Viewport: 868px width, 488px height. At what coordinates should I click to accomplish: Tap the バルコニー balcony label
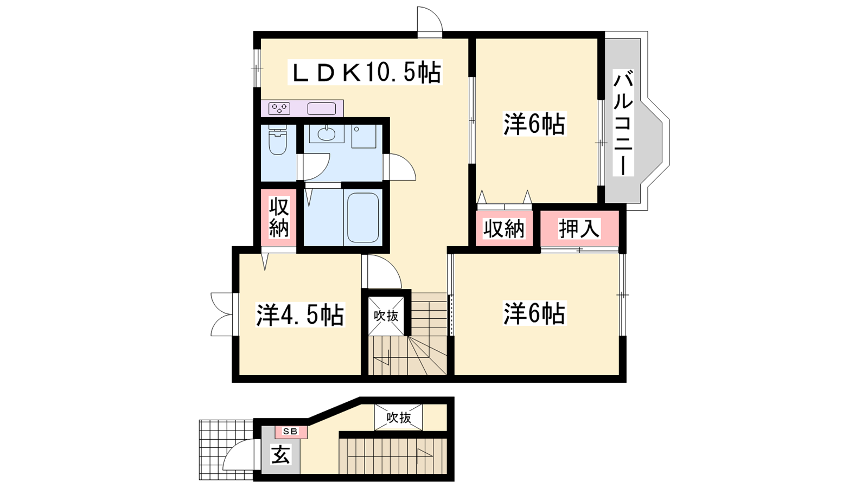point(623,123)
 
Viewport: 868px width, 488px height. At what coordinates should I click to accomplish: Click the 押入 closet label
point(579,228)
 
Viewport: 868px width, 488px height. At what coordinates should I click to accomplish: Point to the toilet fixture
point(277,140)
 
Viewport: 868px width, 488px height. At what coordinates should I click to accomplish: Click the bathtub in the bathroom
point(363,217)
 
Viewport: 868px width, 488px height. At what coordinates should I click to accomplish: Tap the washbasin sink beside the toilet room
point(327,133)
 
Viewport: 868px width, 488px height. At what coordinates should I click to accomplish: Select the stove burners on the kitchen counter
point(279,108)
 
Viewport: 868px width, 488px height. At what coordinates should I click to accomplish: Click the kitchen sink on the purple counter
point(322,108)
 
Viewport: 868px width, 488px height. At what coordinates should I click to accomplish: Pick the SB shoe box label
point(290,431)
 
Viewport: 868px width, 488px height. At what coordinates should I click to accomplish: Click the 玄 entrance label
point(280,455)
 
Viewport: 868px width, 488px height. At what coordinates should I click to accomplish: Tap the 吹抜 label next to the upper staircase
point(386,316)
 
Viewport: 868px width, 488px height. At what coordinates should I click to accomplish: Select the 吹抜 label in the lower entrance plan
point(399,418)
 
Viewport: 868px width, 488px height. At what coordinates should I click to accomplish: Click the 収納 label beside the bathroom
point(279,217)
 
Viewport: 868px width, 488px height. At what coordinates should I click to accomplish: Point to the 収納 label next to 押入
point(504,228)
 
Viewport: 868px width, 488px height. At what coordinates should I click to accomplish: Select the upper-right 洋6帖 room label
point(534,124)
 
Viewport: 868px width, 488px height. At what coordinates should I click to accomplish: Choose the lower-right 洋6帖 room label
point(534,313)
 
